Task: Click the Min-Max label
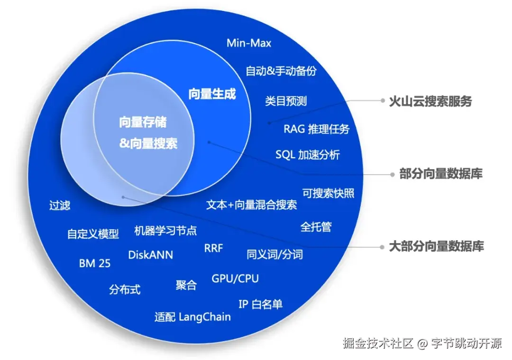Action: pyautogui.click(x=249, y=43)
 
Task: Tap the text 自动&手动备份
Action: pyautogui.click(x=281, y=71)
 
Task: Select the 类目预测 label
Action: pyautogui.click(x=285, y=101)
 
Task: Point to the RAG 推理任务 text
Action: pyautogui.click(x=316, y=129)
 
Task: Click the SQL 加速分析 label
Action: pyautogui.click(x=307, y=155)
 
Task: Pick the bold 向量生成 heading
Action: pyautogui.click(x=212, y=94)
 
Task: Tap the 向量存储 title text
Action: pyautogui.click(x=143, y=122)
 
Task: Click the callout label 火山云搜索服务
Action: pyautogui.click(x=430, y=101)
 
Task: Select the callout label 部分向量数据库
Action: pyautogui.click(x=441, y=174)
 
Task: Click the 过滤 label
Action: pyautogui.click(x=60, y=206)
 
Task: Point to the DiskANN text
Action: pyautogui.click(x=150, y=255)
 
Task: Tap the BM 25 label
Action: pyautogui.click(x=95, y=264)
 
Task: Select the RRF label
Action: pyautogui.click(x=213, y=248)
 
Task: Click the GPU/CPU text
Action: pyautogui.click(x=235, y=279)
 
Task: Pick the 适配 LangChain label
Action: pyautogui.click(x=192, y=317)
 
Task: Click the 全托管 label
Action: pyautogui.click(x=316, y=226)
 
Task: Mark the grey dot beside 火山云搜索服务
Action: pyautogui.click(x=382, y=100)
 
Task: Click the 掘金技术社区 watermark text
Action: pyautogui.click(x=379, y=343)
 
